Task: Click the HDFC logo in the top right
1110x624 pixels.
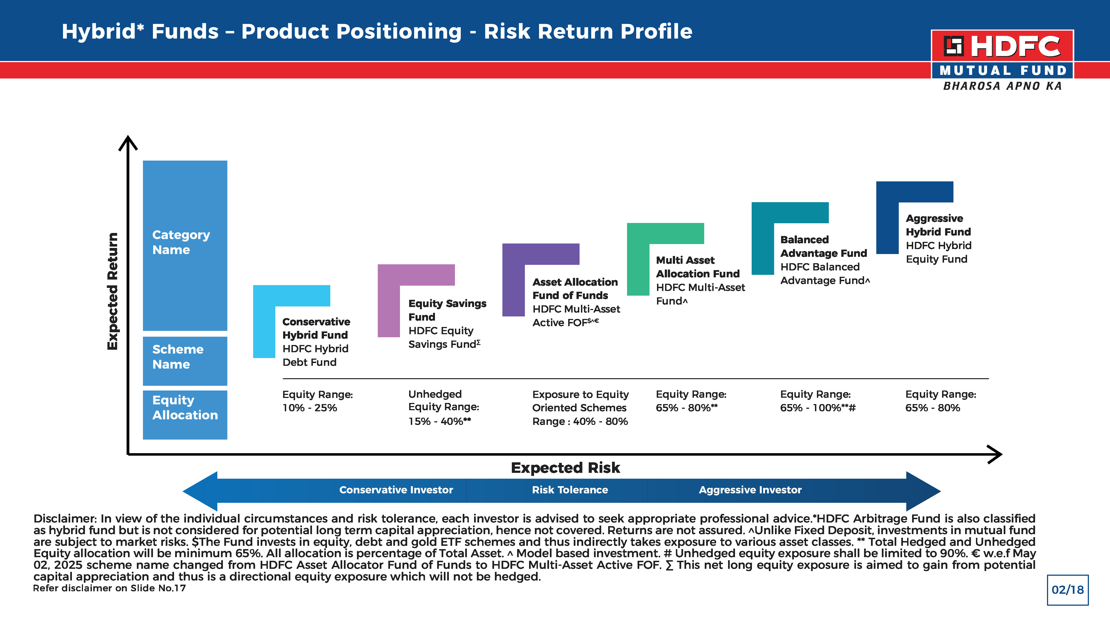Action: pyautogui.click(x=1002, y=60)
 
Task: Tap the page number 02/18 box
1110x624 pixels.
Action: pyautogui.click(x=1067, y=590)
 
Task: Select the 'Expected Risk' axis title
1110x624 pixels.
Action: pyautogui.click(x=565, y=468)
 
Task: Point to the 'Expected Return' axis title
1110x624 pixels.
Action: pyautogui.click(x=112, y=291)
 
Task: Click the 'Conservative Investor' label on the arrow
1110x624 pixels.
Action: pyautogui.click(x=396, y=490)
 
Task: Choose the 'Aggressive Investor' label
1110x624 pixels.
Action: pyautogui.click(x=750, y=490)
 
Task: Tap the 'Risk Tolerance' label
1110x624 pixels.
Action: pyautogui.click(x=570, y=490)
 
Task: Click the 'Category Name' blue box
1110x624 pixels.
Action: pyautogui.click(x=185, y=245)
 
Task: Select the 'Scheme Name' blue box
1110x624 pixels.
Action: pyautogui.click(x=185, y=361)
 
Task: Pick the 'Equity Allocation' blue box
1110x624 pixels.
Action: pyautogui.click(x=185, y=415)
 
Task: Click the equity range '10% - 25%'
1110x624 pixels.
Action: pyautogui.click(x=309, y=408)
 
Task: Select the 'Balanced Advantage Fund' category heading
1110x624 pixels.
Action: pyautogui.click(x=824, y=246)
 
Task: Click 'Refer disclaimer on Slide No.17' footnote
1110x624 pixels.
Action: pyautogui.click(x=109, y=588)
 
